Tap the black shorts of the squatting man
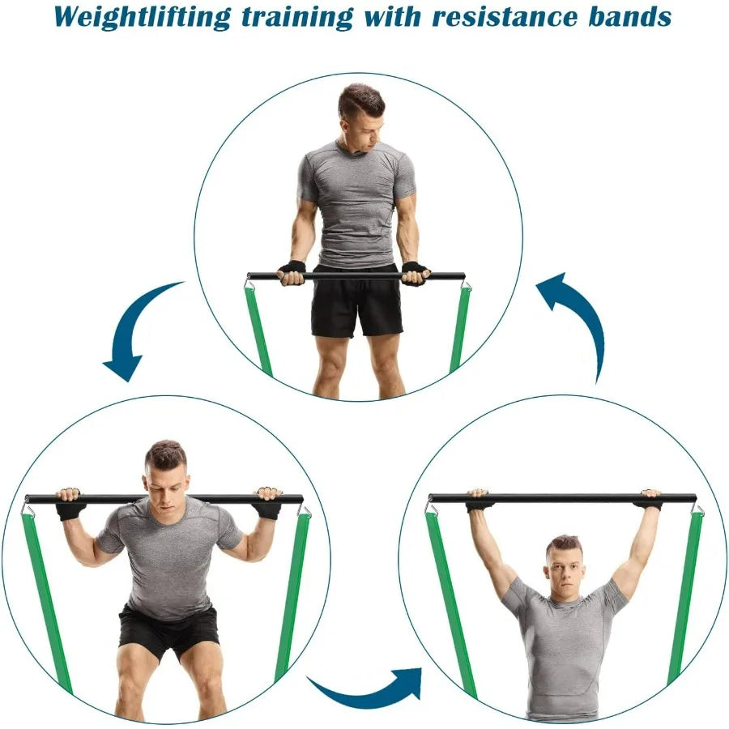point(168,628)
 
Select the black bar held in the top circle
point(356,275)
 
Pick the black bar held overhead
point(562,497)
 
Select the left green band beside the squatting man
point(46,599)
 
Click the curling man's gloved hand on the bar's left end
point(292,273)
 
